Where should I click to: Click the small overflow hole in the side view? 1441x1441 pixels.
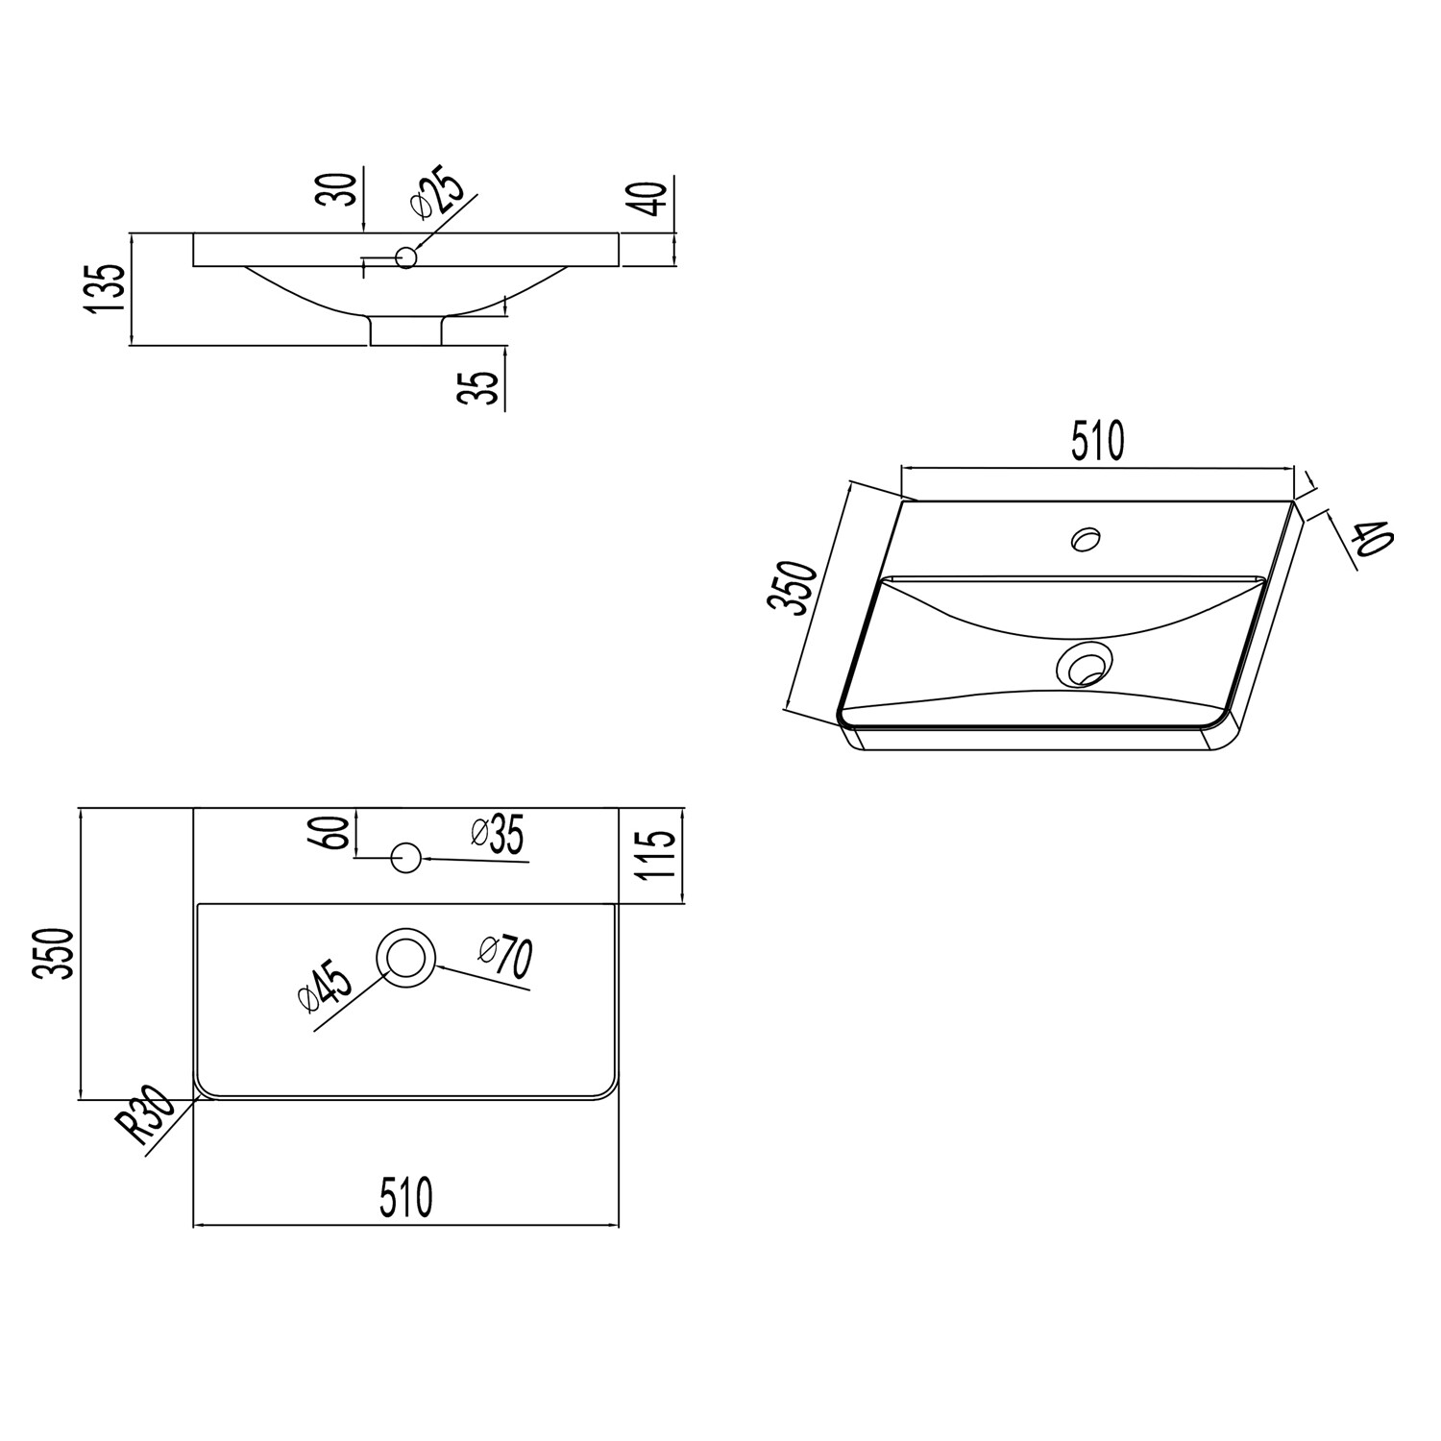tap(406, 257)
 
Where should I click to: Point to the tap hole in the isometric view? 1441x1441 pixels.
tap(1087, 539)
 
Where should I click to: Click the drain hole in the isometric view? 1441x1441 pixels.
tap(1084, 664)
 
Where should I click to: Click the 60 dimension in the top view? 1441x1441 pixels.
tap(332, 833)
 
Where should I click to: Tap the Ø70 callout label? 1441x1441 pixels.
tap(506, 957)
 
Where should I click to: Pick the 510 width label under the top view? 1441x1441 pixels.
tap(405, 1198)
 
